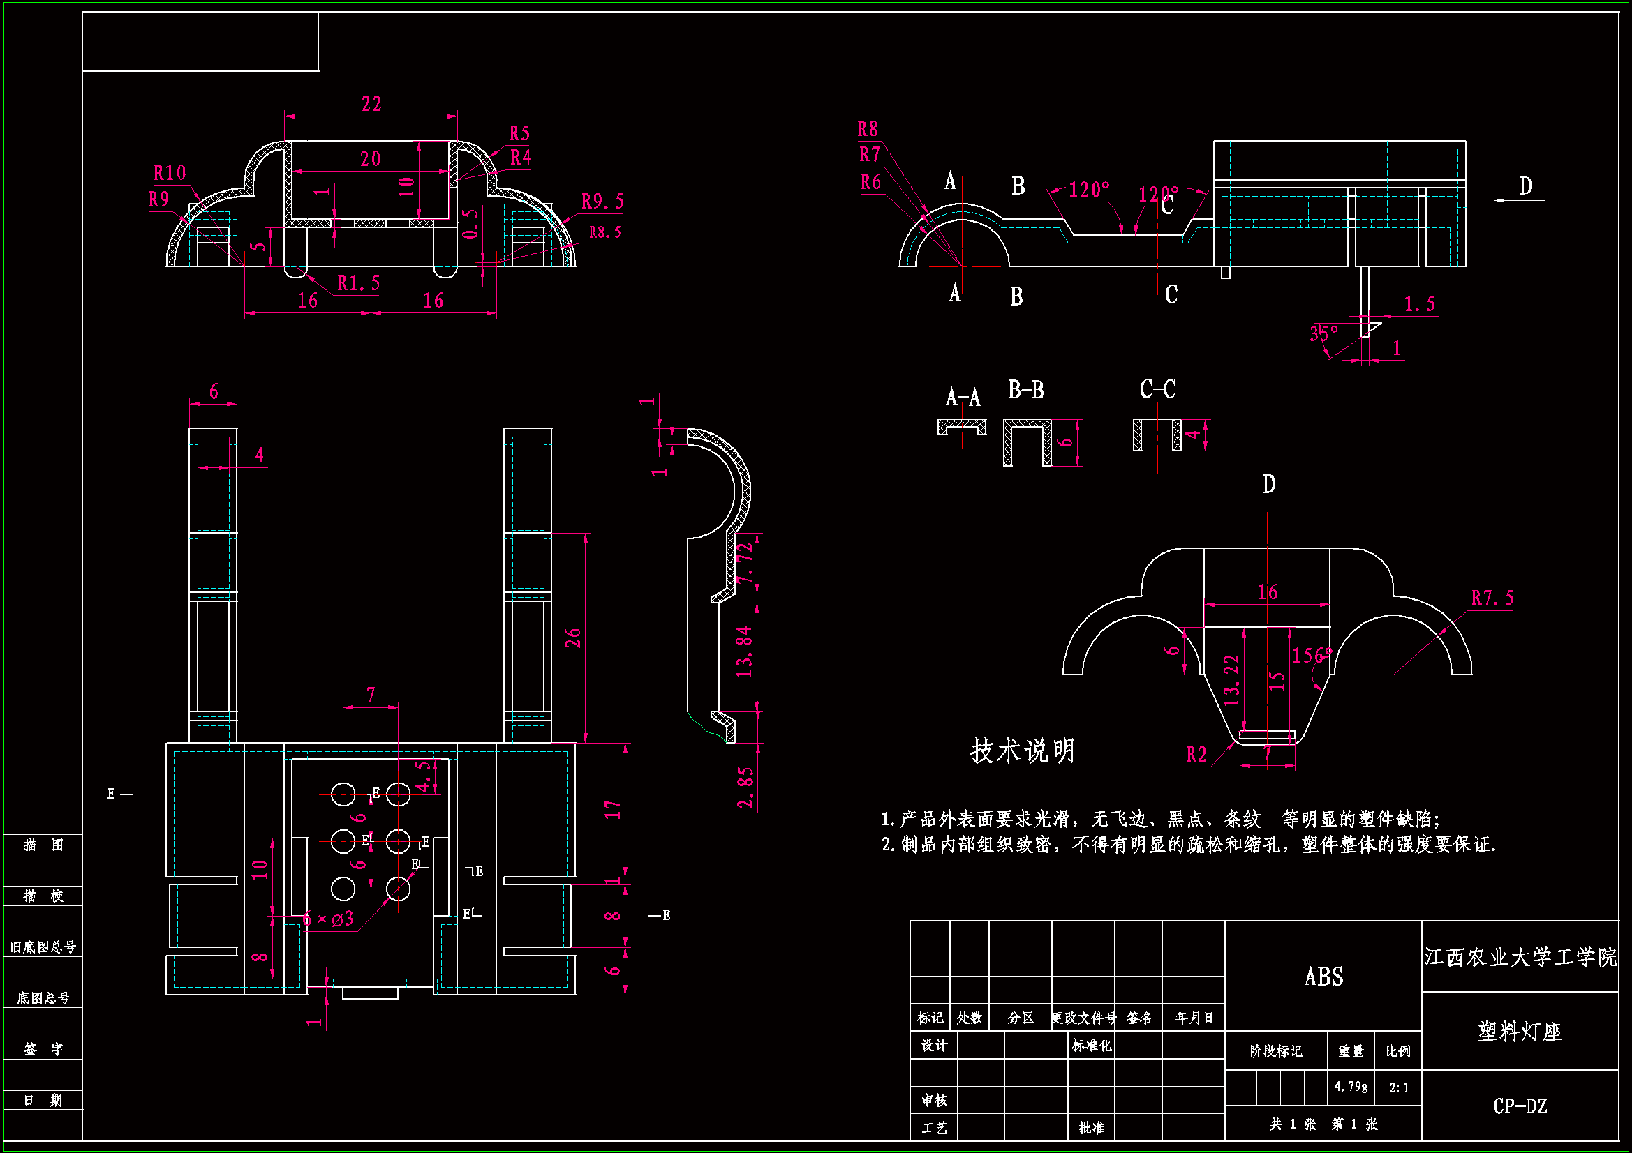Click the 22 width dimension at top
point(371,105)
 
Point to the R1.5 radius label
point(358,283)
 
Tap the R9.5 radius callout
point(602,202)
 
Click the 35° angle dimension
point(1323,333)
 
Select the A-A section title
point(963,397)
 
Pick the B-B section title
point(1025,390)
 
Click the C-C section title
point(1157,389)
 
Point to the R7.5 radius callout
point(1492,598)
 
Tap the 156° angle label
point(1312,655)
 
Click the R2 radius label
point(1196,755)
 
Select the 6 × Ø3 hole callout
point(327,919)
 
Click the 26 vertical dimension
point(573,638)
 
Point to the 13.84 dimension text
point(743,651)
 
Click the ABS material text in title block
point(1323,977)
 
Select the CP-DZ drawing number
point(1520,1106)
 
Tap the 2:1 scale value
point(1399,1087)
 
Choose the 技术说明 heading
point(1022,751)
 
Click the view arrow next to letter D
point(1518,200)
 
